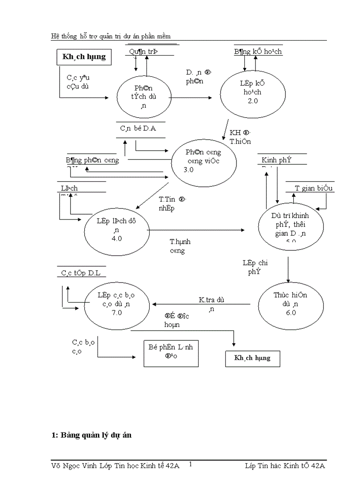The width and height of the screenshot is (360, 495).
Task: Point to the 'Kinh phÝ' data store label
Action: click(x=276, y=160)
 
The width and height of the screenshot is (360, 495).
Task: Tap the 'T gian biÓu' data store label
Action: click(x=314, y=188)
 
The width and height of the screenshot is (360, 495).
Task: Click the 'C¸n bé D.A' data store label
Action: click(x=138, y=128)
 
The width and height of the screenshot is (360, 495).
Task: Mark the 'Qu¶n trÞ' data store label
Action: click(x=143, y=52)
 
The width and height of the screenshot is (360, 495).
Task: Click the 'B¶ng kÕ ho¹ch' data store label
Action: click(x=258, y=52)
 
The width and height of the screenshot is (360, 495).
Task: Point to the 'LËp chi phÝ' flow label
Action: click(x=255, y=267)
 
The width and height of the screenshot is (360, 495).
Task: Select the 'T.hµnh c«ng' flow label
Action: click(x=180, y=246)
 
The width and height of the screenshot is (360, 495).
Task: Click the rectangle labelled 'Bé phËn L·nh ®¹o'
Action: click(x=171, y=353)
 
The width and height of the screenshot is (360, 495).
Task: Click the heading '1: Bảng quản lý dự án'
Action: click(x=91, y=435)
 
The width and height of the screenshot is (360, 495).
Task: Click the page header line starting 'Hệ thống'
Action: click(x=111, y=36)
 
